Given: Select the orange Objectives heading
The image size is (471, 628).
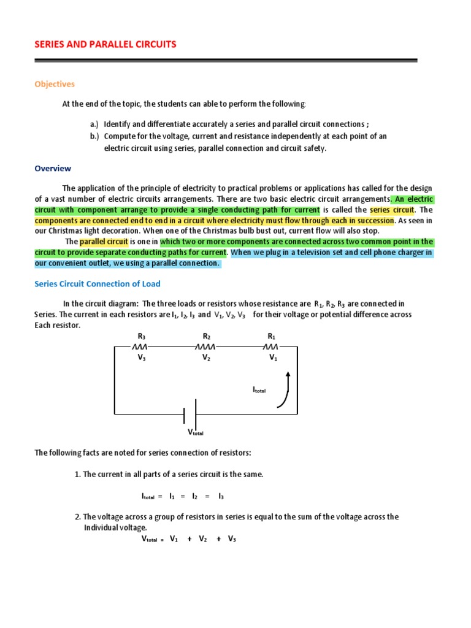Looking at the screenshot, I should [x=54, y=84].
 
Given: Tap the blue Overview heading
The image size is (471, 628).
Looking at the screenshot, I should [x=53, y=168].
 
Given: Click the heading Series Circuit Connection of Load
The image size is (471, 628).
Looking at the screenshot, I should [x=98, y=284].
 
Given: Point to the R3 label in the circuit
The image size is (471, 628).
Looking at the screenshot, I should [x=142, y=336].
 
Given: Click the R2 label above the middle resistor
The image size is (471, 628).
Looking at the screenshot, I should [x=207, y=336].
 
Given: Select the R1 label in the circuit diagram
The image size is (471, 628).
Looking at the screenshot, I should [x=272, y=336].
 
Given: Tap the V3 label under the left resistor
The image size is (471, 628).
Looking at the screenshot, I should [x=142, y=358].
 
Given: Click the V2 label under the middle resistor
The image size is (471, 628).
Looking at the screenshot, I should [x=207, y=358].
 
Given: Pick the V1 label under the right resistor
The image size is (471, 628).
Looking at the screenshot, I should [x=273, y=358].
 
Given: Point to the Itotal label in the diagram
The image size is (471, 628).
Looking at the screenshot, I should [x=259, y=389].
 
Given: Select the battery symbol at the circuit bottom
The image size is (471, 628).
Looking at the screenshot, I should [x=190, y=414].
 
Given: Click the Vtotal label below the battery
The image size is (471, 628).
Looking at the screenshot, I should [x=195, y=432].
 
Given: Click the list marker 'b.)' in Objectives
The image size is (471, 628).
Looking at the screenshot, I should [x=94, y=136].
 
